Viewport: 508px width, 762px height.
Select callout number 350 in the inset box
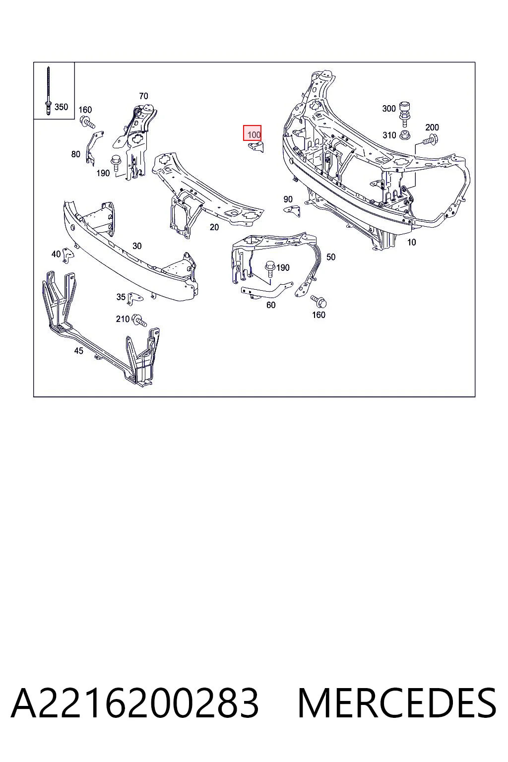click(61, 107)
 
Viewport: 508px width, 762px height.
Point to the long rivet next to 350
click(48, 90)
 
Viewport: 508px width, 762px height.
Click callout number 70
click(143, 96)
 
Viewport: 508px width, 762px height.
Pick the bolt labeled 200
click(430, 139)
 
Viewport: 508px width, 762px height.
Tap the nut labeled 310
click(404, 135)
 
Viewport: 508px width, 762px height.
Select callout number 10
click(412, 242)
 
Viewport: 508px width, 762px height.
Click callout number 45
click(78, 350)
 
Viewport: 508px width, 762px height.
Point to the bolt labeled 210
click(139, 320)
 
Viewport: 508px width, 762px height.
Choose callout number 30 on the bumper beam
click(137, 246)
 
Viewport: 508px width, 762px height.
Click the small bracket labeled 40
click(68, 256)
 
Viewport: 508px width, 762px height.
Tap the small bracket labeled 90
click(293, 210)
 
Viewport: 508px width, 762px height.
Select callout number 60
click(271, 305)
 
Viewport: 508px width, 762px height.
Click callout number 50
click(331, 257)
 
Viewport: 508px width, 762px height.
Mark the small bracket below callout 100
click(256, 147)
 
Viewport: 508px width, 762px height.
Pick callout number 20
click(214, 227)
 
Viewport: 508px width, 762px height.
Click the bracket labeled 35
click(135, 298)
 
